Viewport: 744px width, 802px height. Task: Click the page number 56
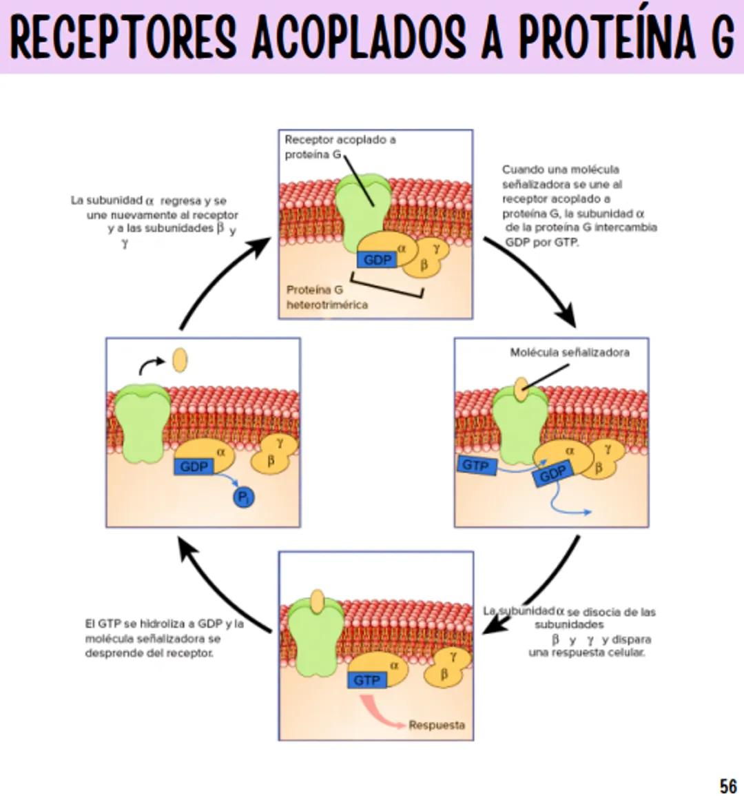tap(727, 785)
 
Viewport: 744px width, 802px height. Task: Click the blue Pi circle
tap(243, 497)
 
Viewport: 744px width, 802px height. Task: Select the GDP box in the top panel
tap(377, 260)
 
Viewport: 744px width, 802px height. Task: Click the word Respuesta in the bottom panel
tap(437, 725)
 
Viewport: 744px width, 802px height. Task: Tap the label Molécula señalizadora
tap(569, 352)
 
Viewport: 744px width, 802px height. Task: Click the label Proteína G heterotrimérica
tap(327, 297)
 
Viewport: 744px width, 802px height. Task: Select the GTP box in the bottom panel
tap(366, 680)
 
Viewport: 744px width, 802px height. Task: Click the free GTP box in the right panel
tap(477, 466)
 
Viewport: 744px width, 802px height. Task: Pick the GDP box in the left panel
tap(194, 466)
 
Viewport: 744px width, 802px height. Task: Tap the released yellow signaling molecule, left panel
tap(179, 360)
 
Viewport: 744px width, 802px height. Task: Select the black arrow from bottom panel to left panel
tap(220, 586)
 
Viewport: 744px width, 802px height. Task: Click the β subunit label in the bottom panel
tap(444, 674)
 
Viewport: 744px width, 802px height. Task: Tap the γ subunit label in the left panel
tap(280, 443)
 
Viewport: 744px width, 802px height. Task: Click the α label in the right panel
tap(570, 450)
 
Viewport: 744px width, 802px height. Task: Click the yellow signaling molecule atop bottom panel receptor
tap(317, 601)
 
